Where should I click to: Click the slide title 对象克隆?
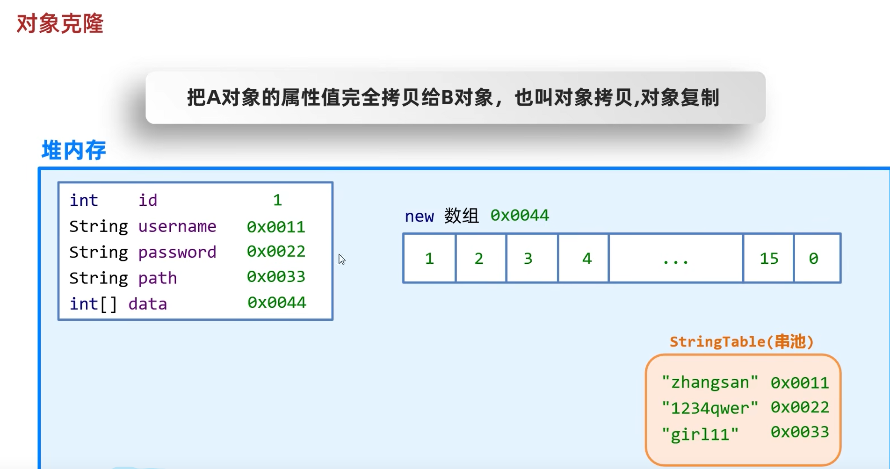(60, 23)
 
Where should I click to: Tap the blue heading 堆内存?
(74, 150)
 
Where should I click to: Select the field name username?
(177, 226)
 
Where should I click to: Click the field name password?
(177, 252)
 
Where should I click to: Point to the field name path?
(158, 278)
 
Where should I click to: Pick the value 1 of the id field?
(277, 200)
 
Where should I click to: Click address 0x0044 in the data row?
(276, 303)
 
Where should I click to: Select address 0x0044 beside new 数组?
(519, 216)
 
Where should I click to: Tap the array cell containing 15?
(768, 258)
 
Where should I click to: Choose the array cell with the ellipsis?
(676, 258)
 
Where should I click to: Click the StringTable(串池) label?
(741, 341)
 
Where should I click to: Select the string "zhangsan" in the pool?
(710, 382)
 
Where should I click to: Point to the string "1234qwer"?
(710, 408)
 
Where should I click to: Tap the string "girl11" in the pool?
(700, 434)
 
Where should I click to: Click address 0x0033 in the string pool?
(799, 432)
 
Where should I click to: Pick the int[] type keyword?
(93, 304)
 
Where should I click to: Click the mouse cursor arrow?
(342, 260)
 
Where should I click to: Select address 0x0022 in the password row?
(276, 252)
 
